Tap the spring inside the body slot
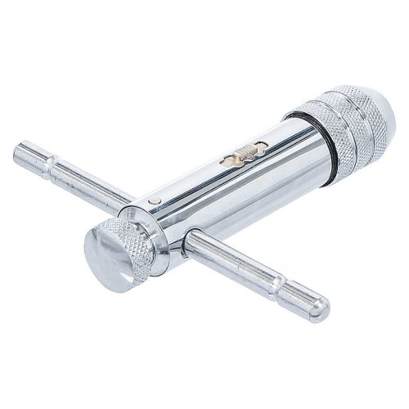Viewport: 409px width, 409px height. (243, 151)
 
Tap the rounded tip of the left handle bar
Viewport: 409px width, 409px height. (20, 153)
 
